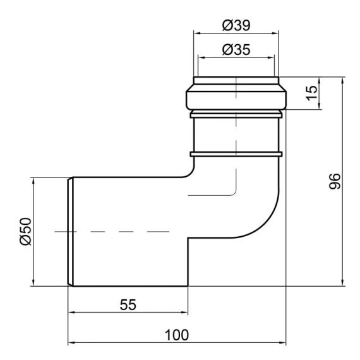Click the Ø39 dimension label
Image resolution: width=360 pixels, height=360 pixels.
[x=236, y=25]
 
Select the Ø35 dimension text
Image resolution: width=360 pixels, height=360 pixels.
[x=236, y=49]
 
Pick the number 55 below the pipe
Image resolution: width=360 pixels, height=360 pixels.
[x=128, y=304]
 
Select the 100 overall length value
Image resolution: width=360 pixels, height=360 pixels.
[x=177, y=335]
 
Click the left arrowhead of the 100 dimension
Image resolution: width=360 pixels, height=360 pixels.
[x=72, y=343]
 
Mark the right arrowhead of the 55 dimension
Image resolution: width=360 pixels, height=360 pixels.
[x=184, y=312]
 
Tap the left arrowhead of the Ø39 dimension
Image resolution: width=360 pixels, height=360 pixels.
[x=197, y=33]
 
